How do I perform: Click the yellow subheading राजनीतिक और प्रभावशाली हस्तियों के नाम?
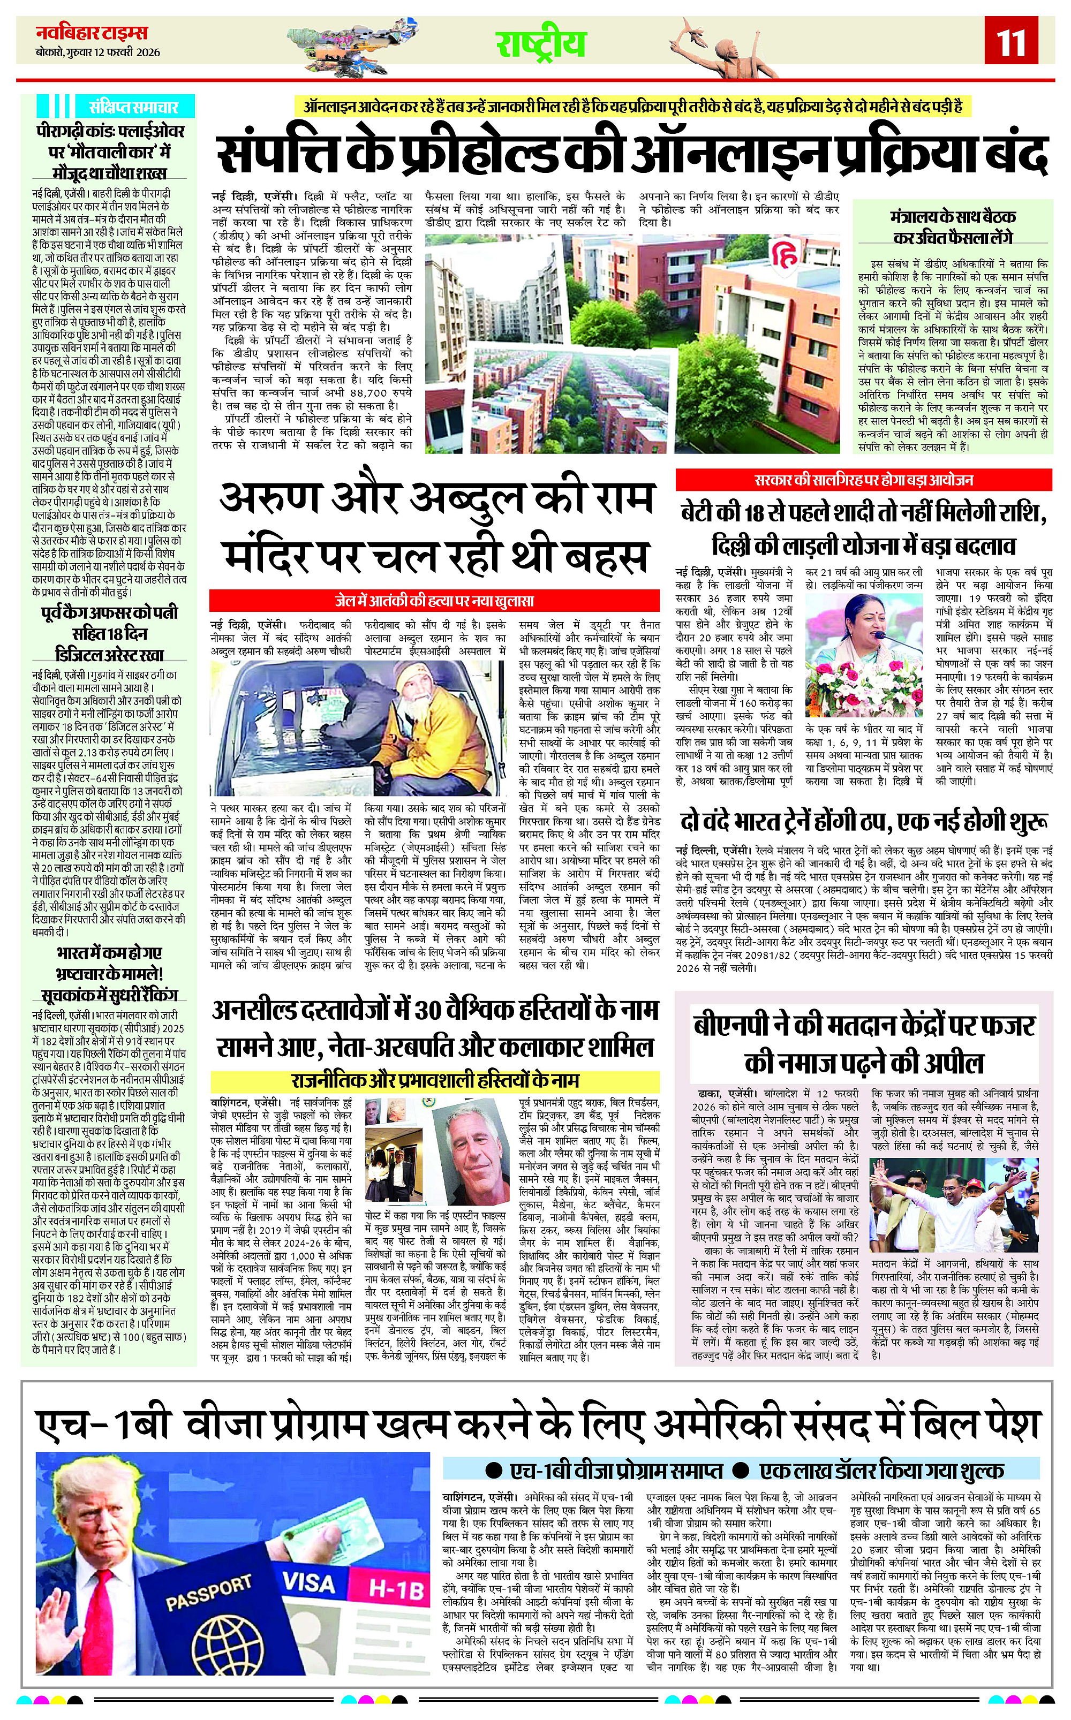click(435, 1081)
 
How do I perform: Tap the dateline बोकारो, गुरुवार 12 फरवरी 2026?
click(99, 52)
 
